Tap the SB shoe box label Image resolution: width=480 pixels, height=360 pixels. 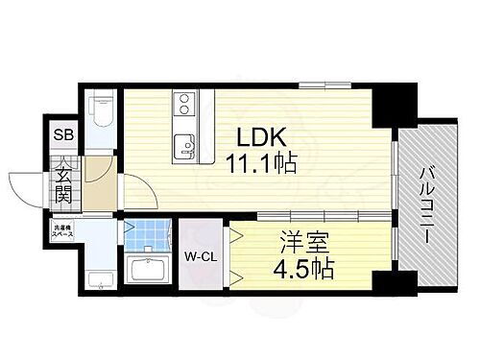(59, 135)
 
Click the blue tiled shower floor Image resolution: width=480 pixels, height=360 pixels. (147, 234)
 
